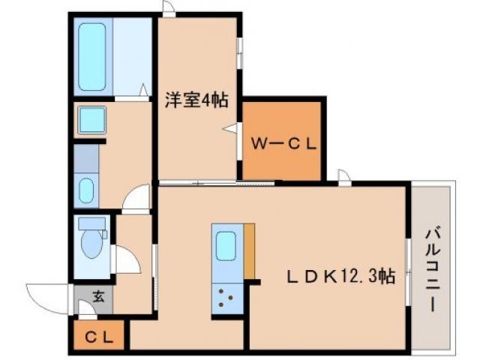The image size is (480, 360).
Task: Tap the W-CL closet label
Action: point(284,142)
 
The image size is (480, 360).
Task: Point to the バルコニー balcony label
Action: point(433,268)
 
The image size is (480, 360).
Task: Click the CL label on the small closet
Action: point(98,337)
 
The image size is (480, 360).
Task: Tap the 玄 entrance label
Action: point(97,296)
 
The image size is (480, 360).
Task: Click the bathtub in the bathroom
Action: point(92,57)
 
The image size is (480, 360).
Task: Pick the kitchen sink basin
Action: point(226,247)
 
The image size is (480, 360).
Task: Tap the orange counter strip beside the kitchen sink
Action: point(249,251)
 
